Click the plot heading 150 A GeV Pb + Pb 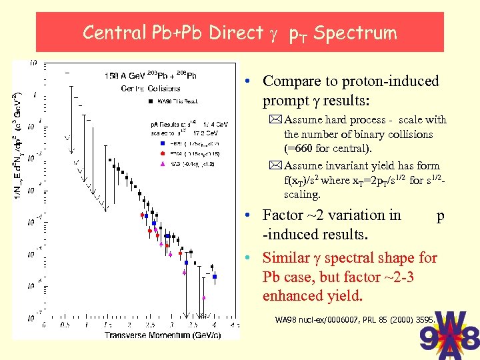(150, 75)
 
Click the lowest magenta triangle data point (203, 297)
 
